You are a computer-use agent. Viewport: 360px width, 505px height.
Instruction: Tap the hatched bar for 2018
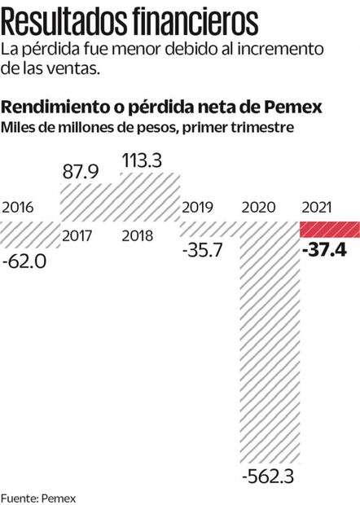149,195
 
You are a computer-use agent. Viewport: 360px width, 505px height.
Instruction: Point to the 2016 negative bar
30,234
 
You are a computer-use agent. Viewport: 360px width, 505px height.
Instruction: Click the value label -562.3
270,474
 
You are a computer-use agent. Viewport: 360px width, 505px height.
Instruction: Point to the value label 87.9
81,172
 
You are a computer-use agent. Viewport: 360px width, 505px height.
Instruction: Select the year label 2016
20,207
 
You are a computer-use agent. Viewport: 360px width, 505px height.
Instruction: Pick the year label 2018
140,236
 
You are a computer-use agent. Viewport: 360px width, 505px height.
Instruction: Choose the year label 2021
321,207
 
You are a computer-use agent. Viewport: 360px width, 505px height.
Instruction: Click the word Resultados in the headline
80,19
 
